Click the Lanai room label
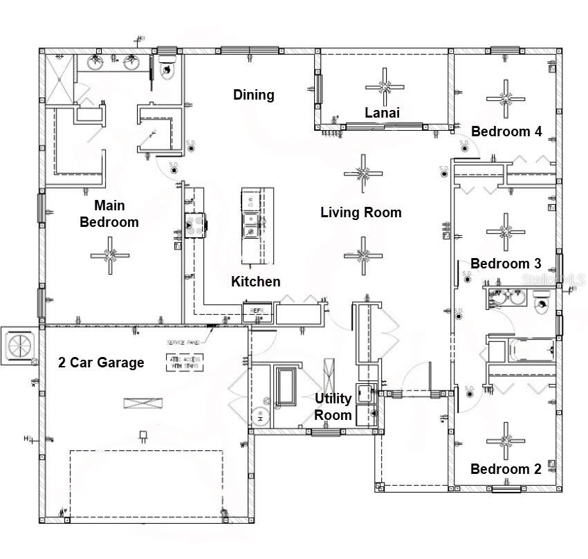383,113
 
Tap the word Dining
253,95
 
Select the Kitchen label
255,281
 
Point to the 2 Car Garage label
101,363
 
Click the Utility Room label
333,407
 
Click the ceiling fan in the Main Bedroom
110,255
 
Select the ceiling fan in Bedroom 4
506,98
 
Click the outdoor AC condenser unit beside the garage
19,344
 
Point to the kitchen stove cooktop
193,223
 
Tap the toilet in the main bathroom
167,69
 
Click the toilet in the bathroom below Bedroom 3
542,302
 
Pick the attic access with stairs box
184,362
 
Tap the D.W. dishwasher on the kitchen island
250,201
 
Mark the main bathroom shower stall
59,78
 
